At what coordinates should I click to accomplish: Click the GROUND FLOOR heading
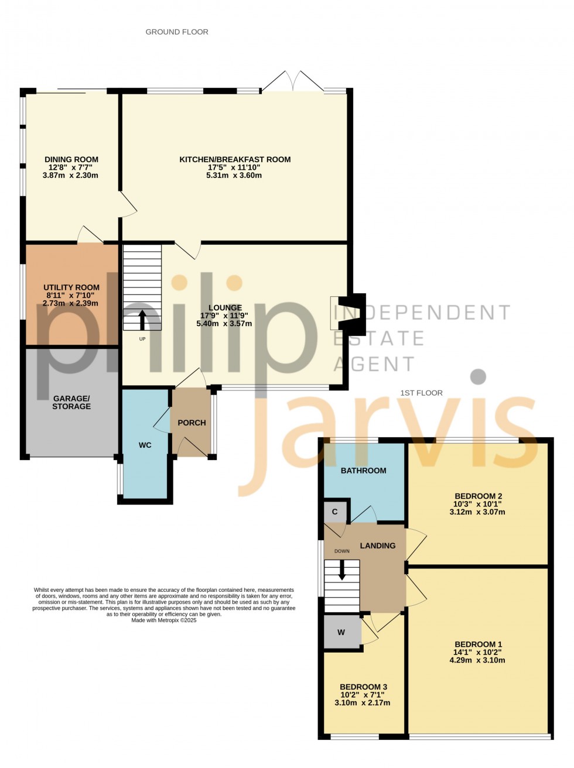(x=177, y=32)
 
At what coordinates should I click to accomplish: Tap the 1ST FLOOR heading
(x=421, y=393)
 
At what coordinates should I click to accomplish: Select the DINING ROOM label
(x=71, y=159)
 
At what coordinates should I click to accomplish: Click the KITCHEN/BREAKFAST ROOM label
(x=235, y=159)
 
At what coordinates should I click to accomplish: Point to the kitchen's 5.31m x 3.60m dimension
(x=234, y=175)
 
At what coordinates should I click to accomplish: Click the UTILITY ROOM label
(x=71, y=287)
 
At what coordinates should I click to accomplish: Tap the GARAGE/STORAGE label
(x=71, y=402)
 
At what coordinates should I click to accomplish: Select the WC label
(x=145, y=445)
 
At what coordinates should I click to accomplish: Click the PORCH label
(x=192, y=423)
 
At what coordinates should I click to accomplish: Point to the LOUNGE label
(x=225, y=308)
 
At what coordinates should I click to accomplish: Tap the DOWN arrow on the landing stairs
(x=342, y=571)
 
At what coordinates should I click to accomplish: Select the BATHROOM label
(x=363, y=471)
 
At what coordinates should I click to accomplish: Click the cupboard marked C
(x=335, y=512)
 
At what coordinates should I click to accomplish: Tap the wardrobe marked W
(x=341, y=632)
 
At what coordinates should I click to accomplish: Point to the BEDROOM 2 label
(x=478, y=496)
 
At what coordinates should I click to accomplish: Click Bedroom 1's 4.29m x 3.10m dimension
(x=477, y=660)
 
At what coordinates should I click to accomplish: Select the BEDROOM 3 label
(x=363, y=687)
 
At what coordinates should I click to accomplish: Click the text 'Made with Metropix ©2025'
(x=164, y=620)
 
